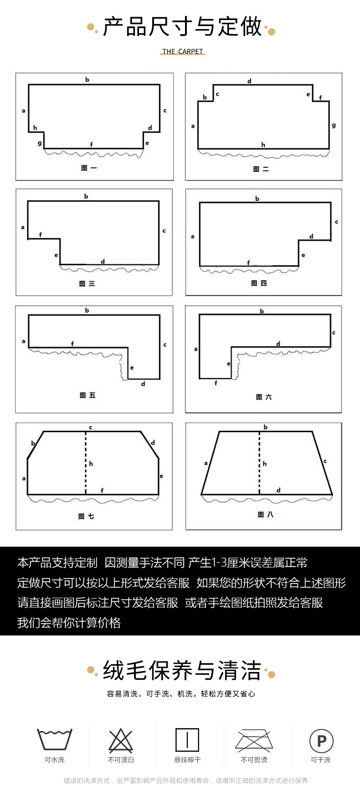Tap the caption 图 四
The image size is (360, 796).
259,283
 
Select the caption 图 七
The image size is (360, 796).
86,516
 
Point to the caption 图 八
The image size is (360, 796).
266,514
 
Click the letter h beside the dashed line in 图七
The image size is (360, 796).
91,464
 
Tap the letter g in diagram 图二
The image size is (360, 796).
334,125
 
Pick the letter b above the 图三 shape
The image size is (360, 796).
86,196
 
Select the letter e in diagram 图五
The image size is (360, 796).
132,367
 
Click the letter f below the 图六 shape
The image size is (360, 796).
216,383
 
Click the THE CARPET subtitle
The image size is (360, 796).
182,52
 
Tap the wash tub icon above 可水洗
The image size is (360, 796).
55,739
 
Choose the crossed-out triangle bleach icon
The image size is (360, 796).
121,740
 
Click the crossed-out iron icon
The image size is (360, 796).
254,740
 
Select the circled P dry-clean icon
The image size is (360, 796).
321,741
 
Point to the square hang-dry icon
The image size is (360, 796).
187,739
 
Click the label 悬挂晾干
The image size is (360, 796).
187,760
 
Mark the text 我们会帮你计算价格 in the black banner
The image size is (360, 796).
69,622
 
